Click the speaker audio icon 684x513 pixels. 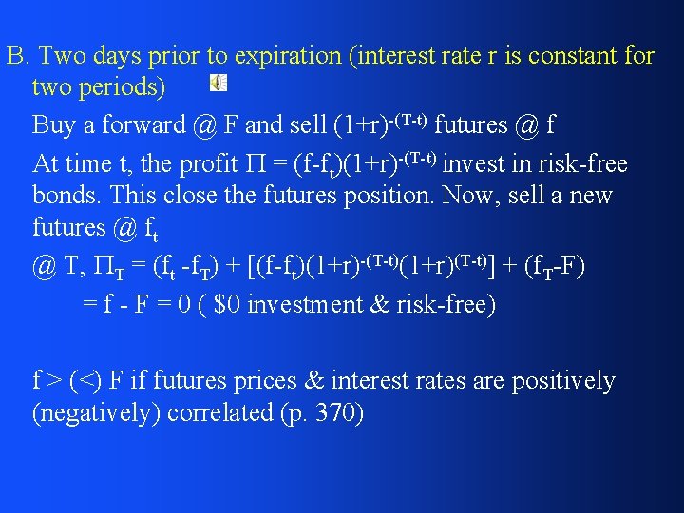point(218,83)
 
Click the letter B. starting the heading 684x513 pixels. point(16,56)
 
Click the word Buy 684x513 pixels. point(53,124)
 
